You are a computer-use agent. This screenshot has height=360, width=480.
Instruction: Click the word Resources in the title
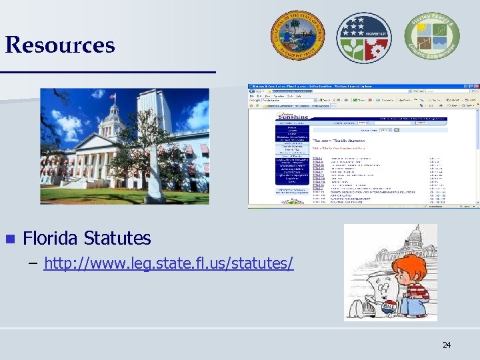pos(60,45)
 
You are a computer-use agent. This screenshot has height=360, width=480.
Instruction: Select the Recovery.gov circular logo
pos(364,38)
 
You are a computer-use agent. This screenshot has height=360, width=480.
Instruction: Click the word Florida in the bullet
pos(52,238)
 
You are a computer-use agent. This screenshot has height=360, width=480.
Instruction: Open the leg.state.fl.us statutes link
pos(168,263)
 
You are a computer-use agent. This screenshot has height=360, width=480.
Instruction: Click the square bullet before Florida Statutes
pos(9,239)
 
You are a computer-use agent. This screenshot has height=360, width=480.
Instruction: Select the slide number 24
pos(446,345)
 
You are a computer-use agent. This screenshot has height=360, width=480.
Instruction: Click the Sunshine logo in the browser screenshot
pos(293,117)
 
